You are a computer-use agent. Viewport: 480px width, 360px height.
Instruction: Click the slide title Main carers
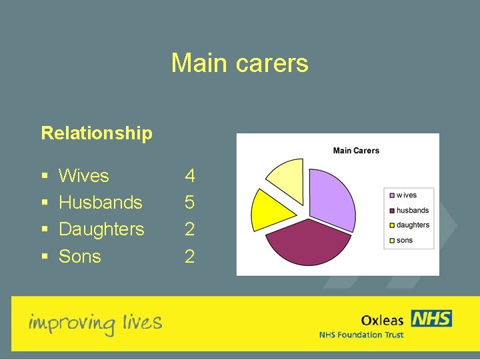click(239, 63)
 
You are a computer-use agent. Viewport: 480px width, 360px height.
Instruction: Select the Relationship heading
click(97, 133)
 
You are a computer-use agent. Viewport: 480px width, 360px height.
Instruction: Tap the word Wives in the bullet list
click(84, 176)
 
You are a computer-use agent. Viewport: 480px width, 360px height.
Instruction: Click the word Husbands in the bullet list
click(101, 203)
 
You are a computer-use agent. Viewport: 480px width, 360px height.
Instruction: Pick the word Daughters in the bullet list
click(101, 229)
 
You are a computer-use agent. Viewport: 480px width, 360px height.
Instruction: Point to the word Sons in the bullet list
click(80, 257)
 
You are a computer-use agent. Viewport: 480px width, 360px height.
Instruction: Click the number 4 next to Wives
click(190, 176)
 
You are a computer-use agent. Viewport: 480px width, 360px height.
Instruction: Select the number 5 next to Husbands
click(190, 203)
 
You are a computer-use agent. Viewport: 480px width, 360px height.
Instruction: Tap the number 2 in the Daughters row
click(190, 229)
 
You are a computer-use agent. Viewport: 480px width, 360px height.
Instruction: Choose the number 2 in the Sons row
click(190, 257)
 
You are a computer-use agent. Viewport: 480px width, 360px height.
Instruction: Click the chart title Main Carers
click(356, 151)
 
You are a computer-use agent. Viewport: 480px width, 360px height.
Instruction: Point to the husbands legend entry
click(412, 210)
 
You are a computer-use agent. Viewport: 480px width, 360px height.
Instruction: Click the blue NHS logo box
click(431, 319)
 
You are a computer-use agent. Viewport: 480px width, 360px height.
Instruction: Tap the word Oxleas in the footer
click(382, 321)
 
